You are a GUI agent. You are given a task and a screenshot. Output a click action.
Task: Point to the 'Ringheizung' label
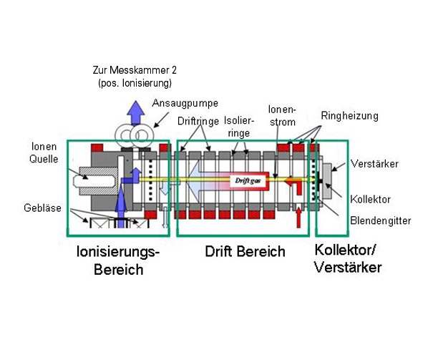click(349, 115)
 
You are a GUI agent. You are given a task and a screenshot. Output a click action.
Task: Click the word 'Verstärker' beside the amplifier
click(375, 164)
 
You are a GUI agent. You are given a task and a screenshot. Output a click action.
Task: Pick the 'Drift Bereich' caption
click(245, 252)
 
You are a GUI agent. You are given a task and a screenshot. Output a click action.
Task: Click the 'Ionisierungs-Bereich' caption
click(119, 261)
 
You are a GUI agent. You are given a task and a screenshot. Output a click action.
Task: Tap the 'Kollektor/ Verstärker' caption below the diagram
click(348, 259)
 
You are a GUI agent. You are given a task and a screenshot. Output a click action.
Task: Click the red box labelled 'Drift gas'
click(245, 182)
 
